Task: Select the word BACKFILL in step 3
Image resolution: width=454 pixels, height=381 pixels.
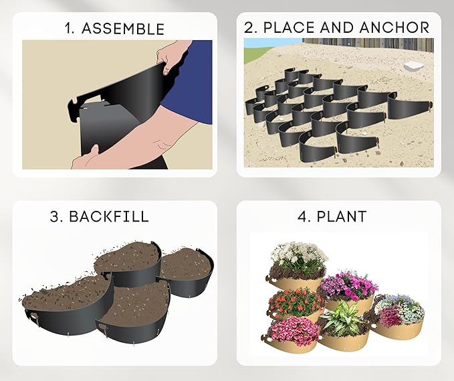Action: [117, 217]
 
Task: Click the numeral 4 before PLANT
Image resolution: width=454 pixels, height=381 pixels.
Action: [302, 217]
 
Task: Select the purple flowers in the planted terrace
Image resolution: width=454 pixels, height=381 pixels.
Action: [348, 285]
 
